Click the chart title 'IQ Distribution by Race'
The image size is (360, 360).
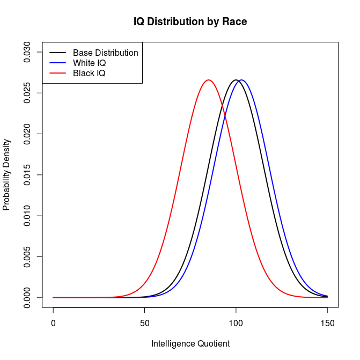[x=190, y=22]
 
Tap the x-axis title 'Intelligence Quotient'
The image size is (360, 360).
[x=190, y=344]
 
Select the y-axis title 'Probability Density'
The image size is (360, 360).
[x=6, y=175]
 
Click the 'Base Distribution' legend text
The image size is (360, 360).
[x=105, y=53]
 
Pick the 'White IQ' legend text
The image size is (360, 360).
[x=90, y=63]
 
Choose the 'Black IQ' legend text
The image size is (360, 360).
[x=89, y=74]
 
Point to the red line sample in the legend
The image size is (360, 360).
[x=57, y=74]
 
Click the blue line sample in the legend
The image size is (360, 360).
[x=57, y=63]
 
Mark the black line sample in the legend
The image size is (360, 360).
[x=57, y=53]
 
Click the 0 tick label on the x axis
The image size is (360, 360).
[x=53, y=324]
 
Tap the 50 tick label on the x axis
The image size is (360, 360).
[x=144, y=324]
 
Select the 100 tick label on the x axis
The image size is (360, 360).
[x=236, y=324]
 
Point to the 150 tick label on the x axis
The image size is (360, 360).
[x=327, y=324]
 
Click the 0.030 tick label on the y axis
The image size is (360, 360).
[x=27, y=52]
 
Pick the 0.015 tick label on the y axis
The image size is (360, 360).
[x=27, y=175]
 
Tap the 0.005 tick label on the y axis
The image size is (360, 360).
[x=27, y=257]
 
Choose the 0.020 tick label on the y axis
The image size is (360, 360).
[x=27, y=134]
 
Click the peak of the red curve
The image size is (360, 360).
[x=209, y=80]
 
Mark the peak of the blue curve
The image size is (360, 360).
[x=241, y=80]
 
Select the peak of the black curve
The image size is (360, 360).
[x=236, y=80]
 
